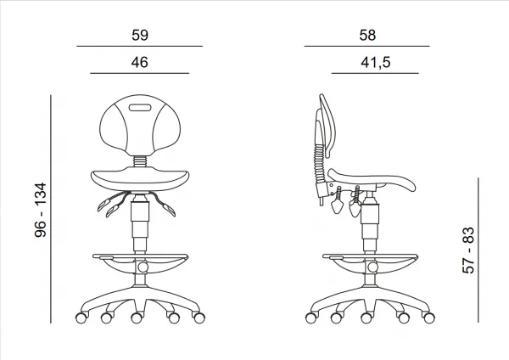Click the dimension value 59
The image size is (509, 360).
point(140,35)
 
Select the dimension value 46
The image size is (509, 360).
point(140,62)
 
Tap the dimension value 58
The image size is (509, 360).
point(367,35)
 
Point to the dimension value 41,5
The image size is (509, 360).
point(376,62)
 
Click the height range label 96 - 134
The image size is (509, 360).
point(41,210)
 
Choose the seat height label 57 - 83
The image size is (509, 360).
point(468,250)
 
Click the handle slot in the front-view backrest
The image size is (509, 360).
point(140,108)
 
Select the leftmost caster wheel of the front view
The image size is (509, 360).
point(81,318)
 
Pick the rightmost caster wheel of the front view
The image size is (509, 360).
point(199,318)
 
